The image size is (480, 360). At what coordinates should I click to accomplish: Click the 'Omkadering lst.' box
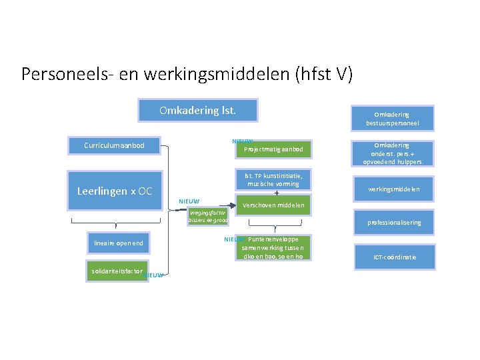tap(197, 110)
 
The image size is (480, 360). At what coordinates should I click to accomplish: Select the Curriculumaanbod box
tap(114, 145)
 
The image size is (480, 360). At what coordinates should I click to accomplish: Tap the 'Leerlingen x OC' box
tap(115, 191)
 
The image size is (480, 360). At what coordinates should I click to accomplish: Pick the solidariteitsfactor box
tap(117, 271)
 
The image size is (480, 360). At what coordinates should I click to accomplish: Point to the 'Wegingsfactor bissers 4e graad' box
tap(208, 216)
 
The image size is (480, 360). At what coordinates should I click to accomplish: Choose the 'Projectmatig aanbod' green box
tap(273, 149)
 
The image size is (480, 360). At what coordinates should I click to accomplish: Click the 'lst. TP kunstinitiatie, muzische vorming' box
tap(273, 179)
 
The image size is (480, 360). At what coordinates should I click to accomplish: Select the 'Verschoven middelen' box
tap(273, 205)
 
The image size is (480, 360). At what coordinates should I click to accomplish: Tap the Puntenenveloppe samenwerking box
tap(273, 247)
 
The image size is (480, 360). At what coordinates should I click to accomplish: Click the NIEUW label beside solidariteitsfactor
tap(154, 275)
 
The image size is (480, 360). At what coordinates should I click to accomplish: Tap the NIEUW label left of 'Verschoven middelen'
tap(189, 201)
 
